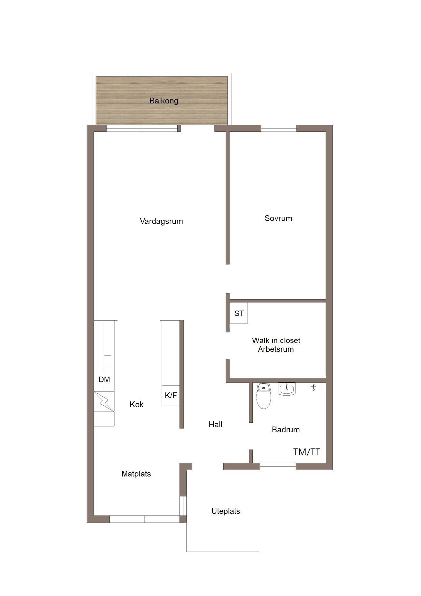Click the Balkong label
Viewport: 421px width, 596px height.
164,101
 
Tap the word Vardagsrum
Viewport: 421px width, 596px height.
161,221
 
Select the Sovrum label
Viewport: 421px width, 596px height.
278,218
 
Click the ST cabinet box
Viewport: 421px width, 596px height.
238,313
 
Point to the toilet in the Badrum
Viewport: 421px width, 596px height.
264,396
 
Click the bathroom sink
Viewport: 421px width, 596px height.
287,389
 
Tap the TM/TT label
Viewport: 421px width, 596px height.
307,452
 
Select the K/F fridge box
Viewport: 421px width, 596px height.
171,395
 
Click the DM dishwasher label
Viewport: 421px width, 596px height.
104,380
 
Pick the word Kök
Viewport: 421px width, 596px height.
136,404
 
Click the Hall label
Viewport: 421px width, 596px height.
215,425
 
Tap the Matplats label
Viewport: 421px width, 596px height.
136,474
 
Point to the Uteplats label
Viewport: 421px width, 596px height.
226,511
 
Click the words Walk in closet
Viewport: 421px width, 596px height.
276,340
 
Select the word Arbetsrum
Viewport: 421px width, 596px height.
276,349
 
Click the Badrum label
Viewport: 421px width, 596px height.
286,429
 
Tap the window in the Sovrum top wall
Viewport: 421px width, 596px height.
279,128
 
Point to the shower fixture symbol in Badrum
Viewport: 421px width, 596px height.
313,387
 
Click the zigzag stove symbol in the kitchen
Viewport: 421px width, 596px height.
104,401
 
